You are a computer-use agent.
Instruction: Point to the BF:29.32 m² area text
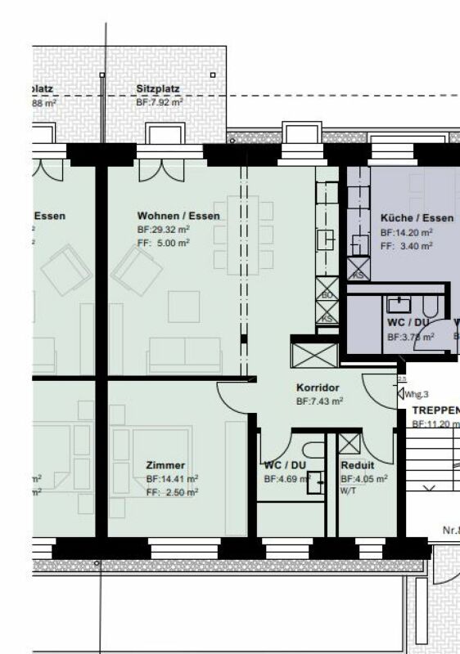coord(164,231)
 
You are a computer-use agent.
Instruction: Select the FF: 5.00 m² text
coord(163,243)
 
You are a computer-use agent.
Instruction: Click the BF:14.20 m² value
coord(406,232)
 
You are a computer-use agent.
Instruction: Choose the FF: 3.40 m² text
coord(406,245)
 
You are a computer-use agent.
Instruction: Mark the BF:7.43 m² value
coord(319,401)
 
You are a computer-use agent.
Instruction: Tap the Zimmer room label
coord(165,464)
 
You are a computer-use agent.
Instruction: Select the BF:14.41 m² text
coord(172,478)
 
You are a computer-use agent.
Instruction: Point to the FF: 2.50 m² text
coord(172,492)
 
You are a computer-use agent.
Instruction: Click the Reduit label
coord(357,464)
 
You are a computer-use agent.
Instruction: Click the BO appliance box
coord(327,294)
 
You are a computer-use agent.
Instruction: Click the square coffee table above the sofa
coord(184,307)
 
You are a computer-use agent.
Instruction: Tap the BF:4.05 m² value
coord(363,478)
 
